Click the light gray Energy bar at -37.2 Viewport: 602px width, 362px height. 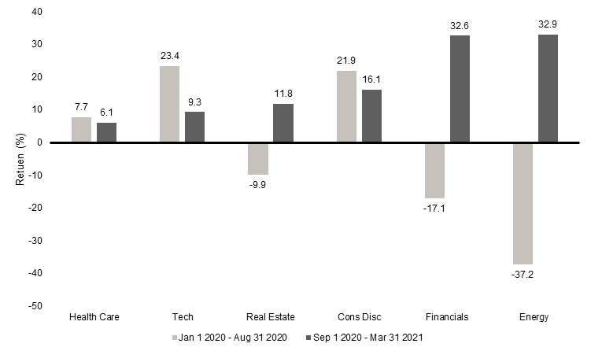click(523, 203)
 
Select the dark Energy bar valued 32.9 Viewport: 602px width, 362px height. click(548, 88)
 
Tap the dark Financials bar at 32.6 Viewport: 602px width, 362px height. click(460, 89)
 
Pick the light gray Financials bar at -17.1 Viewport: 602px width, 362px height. click(434, 170)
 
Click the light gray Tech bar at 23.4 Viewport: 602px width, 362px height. click(169, 104)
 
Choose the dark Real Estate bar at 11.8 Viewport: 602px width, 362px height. click(283, 123)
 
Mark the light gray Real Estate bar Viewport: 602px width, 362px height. click(258, 158)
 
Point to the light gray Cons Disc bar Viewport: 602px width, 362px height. click(346, 106)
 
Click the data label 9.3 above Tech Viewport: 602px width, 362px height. click(194, 102)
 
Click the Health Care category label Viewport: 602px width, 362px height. click(94, 317)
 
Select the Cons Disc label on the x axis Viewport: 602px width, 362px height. click(359, 317)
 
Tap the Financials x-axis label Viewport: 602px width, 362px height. click(446, 317)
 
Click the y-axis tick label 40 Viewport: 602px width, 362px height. click(38, 12)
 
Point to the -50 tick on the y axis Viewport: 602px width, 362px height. click(36, 305)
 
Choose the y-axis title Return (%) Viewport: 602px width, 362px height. click(20, 159)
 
